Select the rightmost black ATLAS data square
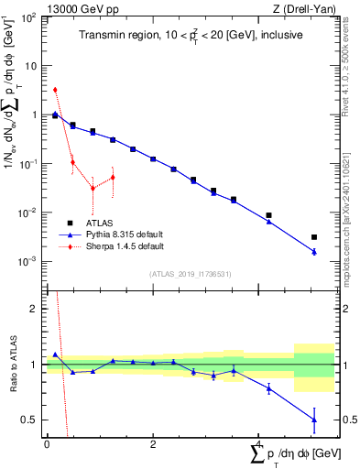(314, 237)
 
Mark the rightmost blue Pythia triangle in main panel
(314, 251)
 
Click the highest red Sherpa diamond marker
(55, 90)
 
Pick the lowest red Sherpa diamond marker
(93, 188)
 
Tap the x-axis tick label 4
(260, 444)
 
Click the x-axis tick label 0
(46, 444)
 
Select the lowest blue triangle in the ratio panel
(314, 420)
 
